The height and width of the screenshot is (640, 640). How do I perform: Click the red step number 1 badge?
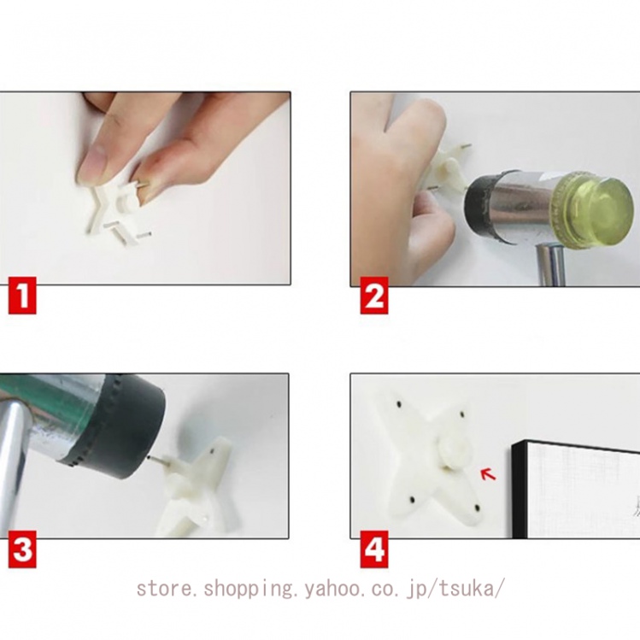coord(22,295)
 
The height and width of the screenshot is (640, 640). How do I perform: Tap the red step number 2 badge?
coord(373,295)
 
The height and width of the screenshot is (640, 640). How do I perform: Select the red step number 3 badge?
coord(22,549)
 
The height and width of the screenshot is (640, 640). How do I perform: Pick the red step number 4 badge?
coord(373,549)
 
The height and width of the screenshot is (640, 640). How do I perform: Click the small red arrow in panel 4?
coord(488,475)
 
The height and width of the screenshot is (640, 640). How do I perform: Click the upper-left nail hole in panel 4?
coord(398,403)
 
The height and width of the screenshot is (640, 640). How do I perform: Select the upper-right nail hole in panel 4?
coord(462,414)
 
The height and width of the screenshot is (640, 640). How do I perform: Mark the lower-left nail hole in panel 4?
coord(412,499)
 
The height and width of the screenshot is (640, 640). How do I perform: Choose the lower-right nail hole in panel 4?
coord(477,508)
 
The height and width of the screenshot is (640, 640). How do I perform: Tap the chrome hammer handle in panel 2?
coord(551,265)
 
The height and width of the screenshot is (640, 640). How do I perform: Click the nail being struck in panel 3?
coord(157,461)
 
